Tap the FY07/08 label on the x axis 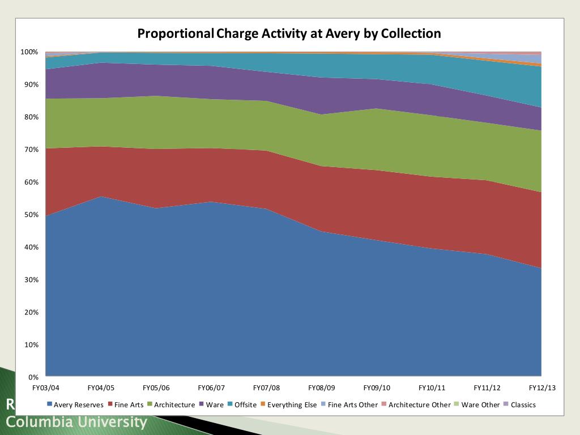(266, 388)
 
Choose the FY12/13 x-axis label (542, 388)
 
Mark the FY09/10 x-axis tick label (377, 388)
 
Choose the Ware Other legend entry (481, 405)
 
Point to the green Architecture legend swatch (150, 405)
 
